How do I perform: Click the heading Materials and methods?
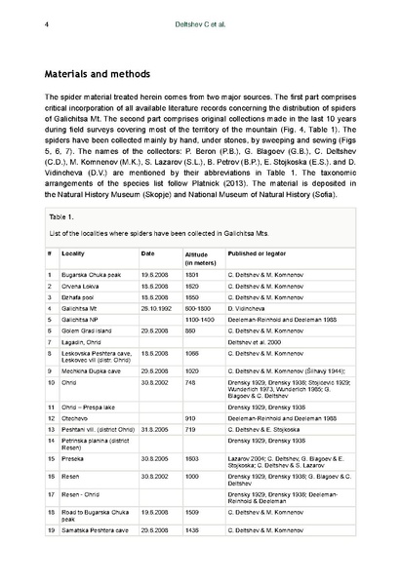pyautogui.click(x=98, y=73)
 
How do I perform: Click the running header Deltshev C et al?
pyautogui.click(x=199, y=11)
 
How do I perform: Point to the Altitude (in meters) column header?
pyautogui.click(x=202, y=256)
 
